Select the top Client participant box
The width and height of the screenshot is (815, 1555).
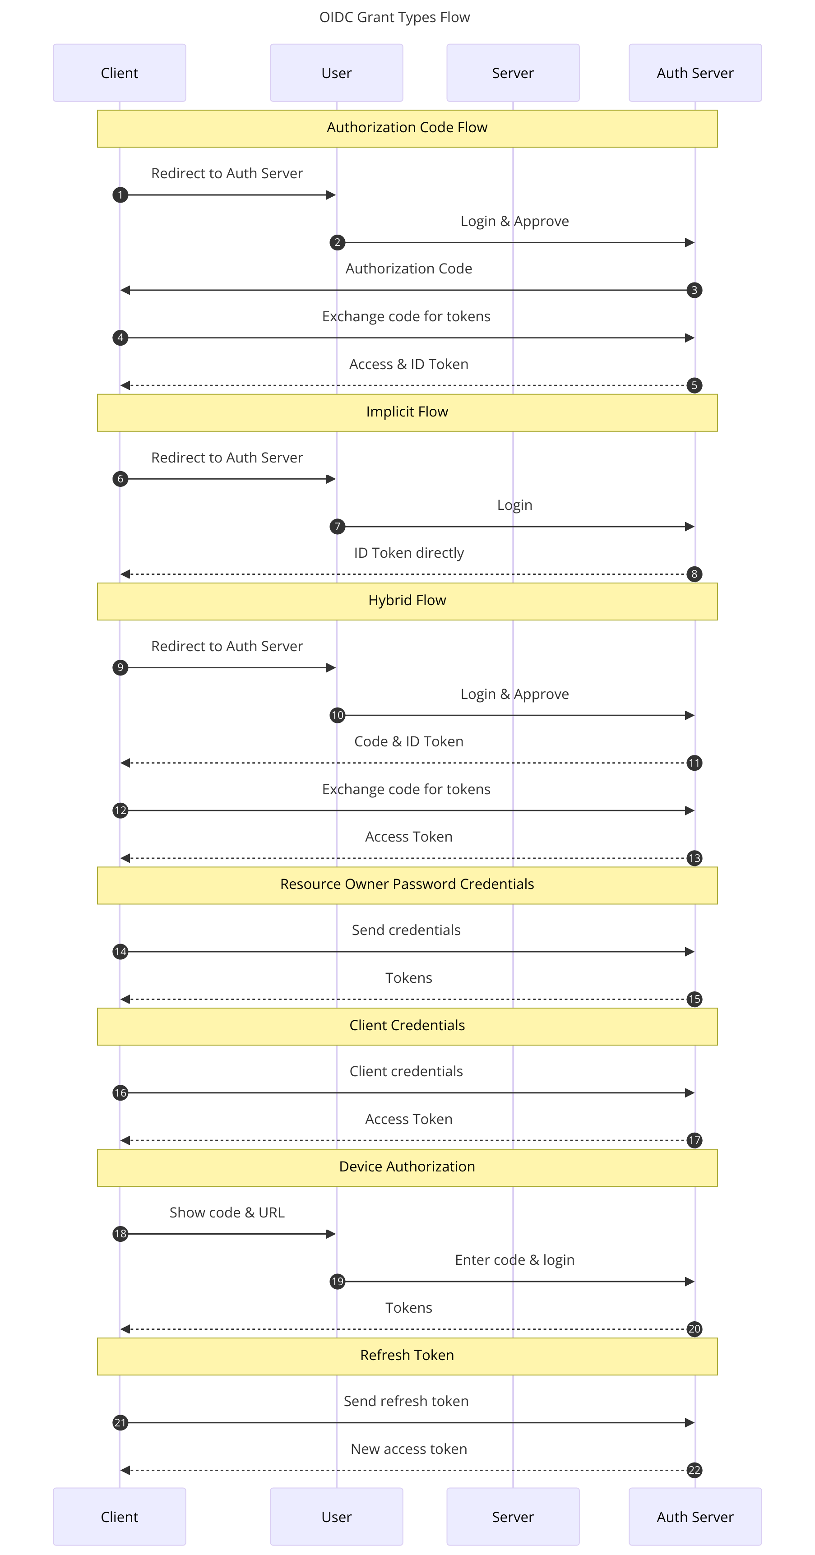120,73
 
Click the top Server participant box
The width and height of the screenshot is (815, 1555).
513,73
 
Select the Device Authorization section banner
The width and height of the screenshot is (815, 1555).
407,1167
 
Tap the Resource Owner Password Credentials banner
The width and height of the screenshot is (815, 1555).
407,884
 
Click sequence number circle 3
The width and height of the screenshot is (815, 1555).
694,290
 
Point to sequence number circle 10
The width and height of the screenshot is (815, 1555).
338,715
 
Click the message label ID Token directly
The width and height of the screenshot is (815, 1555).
409,553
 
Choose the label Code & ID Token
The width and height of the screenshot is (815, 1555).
409,742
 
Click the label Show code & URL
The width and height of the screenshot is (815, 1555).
227,1213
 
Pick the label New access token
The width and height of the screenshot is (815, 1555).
409,1449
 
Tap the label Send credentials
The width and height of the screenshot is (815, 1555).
406,930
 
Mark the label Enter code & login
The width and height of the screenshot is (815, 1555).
514,1260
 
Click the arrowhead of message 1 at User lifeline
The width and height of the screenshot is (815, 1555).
331,195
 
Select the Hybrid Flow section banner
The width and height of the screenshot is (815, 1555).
407,601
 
